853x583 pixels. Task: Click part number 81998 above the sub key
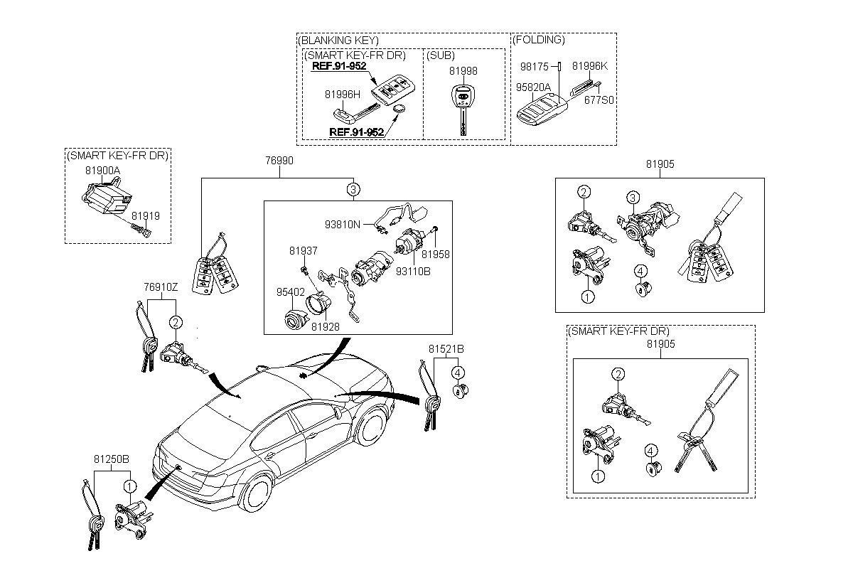(463, 71)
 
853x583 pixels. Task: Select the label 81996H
(343, 95)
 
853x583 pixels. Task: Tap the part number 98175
(535, 67)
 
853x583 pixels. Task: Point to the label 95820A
(533, 87)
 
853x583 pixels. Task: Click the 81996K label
(590, 66)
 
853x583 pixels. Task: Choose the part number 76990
(279, 161)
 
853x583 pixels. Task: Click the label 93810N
(343, 225)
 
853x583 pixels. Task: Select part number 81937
(303, 251)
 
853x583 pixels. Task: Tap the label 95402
(291, 292)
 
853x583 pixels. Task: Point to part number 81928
(326, 327)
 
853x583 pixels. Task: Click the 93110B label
(413, 272)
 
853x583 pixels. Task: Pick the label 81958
(436, 255)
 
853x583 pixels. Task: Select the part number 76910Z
(161, 287)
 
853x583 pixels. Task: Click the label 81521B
(446, 349)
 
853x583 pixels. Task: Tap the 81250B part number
(112, 459)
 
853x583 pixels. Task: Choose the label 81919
(146, 216)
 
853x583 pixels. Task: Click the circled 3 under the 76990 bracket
(353, 189)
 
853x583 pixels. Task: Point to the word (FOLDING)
(539, 40)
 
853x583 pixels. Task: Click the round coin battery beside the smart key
(399, 109)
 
